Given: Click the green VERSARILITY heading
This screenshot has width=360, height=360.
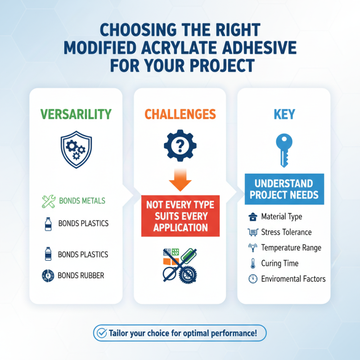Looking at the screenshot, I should [x=76, y=114].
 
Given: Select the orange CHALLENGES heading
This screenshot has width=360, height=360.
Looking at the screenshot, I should [x=180, y=114].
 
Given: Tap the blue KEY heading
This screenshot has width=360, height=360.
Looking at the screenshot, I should [x=284, y=114].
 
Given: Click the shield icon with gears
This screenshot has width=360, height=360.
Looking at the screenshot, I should [x=76, y=148].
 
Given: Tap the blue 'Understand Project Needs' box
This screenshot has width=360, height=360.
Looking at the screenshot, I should [x=284, y=189].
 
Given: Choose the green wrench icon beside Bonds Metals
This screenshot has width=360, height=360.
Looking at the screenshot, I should [x=49, y=201].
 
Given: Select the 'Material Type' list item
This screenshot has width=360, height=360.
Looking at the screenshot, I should [x=282, y=217].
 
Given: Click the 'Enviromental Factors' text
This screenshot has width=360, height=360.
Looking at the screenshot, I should [x=293, y=279].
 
